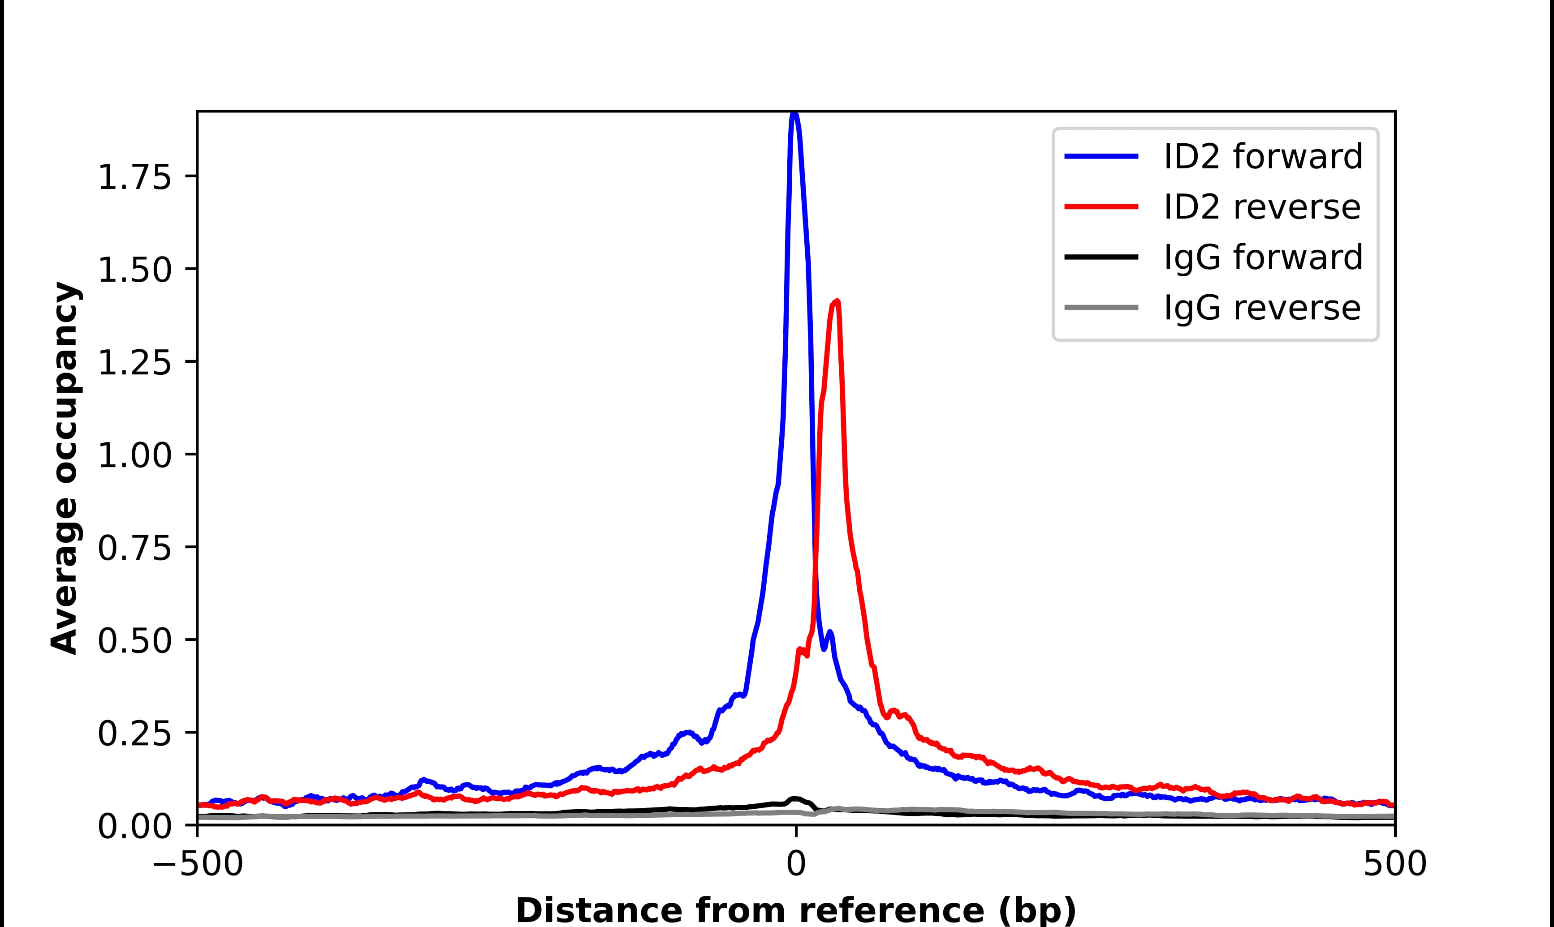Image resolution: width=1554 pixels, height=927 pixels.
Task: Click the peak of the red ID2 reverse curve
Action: coord(837,302)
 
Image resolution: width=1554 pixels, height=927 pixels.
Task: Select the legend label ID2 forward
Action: coord(1263,156)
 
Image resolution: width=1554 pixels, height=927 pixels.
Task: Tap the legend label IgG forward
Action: coord(1263,257)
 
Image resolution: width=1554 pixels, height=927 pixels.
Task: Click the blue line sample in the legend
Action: coord(1101,156)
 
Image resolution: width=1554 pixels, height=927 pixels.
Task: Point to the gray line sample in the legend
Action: coord(1101,307)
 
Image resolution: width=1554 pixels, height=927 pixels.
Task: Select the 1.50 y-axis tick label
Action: coord(134,270)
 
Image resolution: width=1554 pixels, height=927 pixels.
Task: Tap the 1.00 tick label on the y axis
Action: coord(134,455)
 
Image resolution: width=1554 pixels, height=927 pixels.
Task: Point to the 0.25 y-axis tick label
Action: coord(134,734)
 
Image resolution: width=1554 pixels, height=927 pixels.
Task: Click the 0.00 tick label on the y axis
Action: coord(134,826)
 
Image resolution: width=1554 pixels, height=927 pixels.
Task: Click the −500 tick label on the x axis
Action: coord(198,865)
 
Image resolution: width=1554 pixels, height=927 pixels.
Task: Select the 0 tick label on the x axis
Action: coord(795,865)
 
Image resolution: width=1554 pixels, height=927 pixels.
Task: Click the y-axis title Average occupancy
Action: coord(65,468)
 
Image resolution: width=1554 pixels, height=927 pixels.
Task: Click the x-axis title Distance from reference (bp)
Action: coord(795,910)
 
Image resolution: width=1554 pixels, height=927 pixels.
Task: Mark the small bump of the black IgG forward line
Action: coord(795,799)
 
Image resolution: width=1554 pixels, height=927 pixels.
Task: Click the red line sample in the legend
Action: coord(1101,207)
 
